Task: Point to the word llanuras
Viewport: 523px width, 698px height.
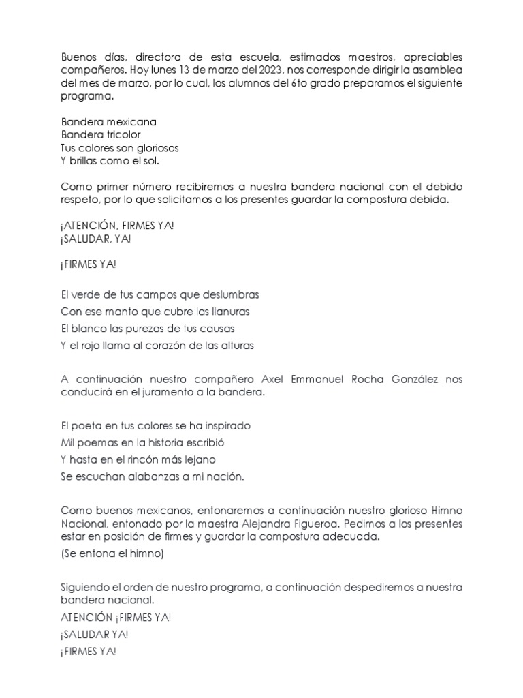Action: [x=229, y=312]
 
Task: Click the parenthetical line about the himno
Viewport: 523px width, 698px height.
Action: [x=112, y=553]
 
